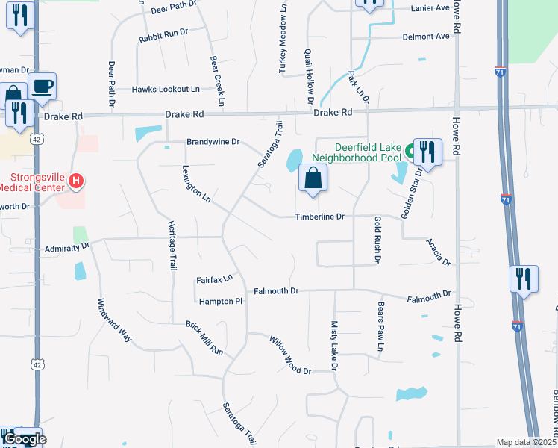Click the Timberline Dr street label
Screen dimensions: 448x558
319,217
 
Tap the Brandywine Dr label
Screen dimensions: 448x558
213,141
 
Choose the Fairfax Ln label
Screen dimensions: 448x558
214,279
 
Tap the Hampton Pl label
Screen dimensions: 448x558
221,301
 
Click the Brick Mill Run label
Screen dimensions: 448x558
204,338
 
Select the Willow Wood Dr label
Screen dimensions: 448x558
290,355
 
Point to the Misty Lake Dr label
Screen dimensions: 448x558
334,346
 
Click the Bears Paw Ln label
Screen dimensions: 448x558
380,327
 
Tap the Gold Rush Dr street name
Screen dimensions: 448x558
377,240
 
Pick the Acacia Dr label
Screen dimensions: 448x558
439,252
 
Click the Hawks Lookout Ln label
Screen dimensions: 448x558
166,89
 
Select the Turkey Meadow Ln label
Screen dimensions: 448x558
283,47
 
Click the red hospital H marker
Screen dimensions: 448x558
75,181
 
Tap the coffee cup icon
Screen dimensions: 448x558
43,86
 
